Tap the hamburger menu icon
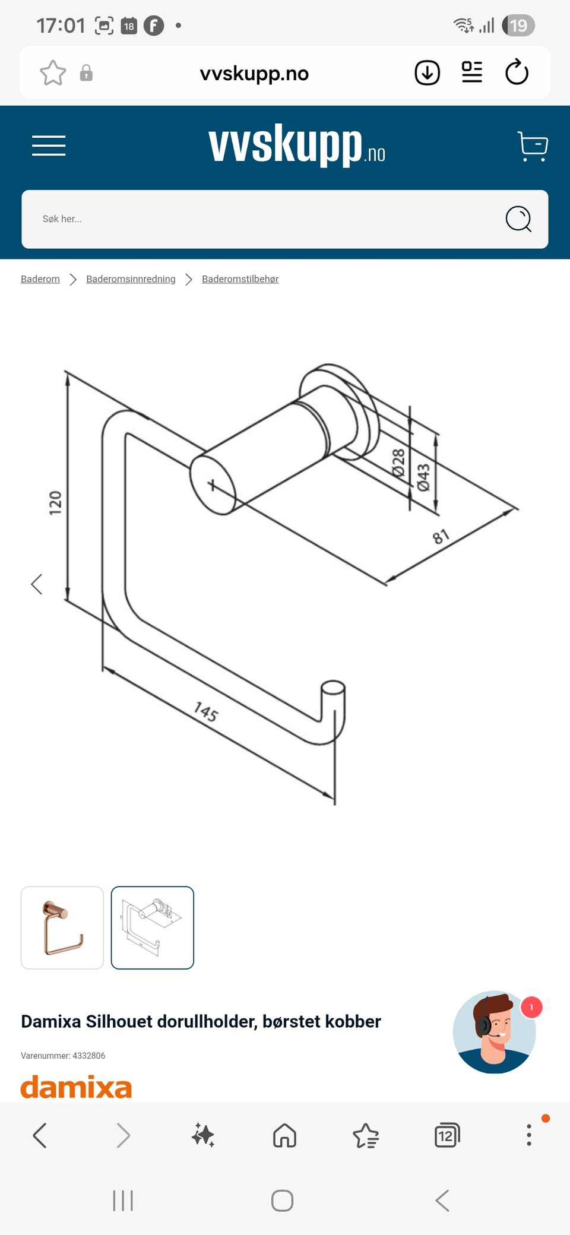click(x=49, y=145)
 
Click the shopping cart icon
click(x=533, y=146)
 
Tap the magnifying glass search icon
click(x=518, y=219)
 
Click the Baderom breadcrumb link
click(x=40, y=279)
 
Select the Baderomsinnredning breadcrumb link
click(x=131, y=279)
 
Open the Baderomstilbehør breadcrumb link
click(x=240, y=279)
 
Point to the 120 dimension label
click(x=55, y=503)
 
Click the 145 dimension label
click(x=206, y=711)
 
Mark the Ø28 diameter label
click(x=398, y=463)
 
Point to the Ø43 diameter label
click(x=423, y=478)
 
